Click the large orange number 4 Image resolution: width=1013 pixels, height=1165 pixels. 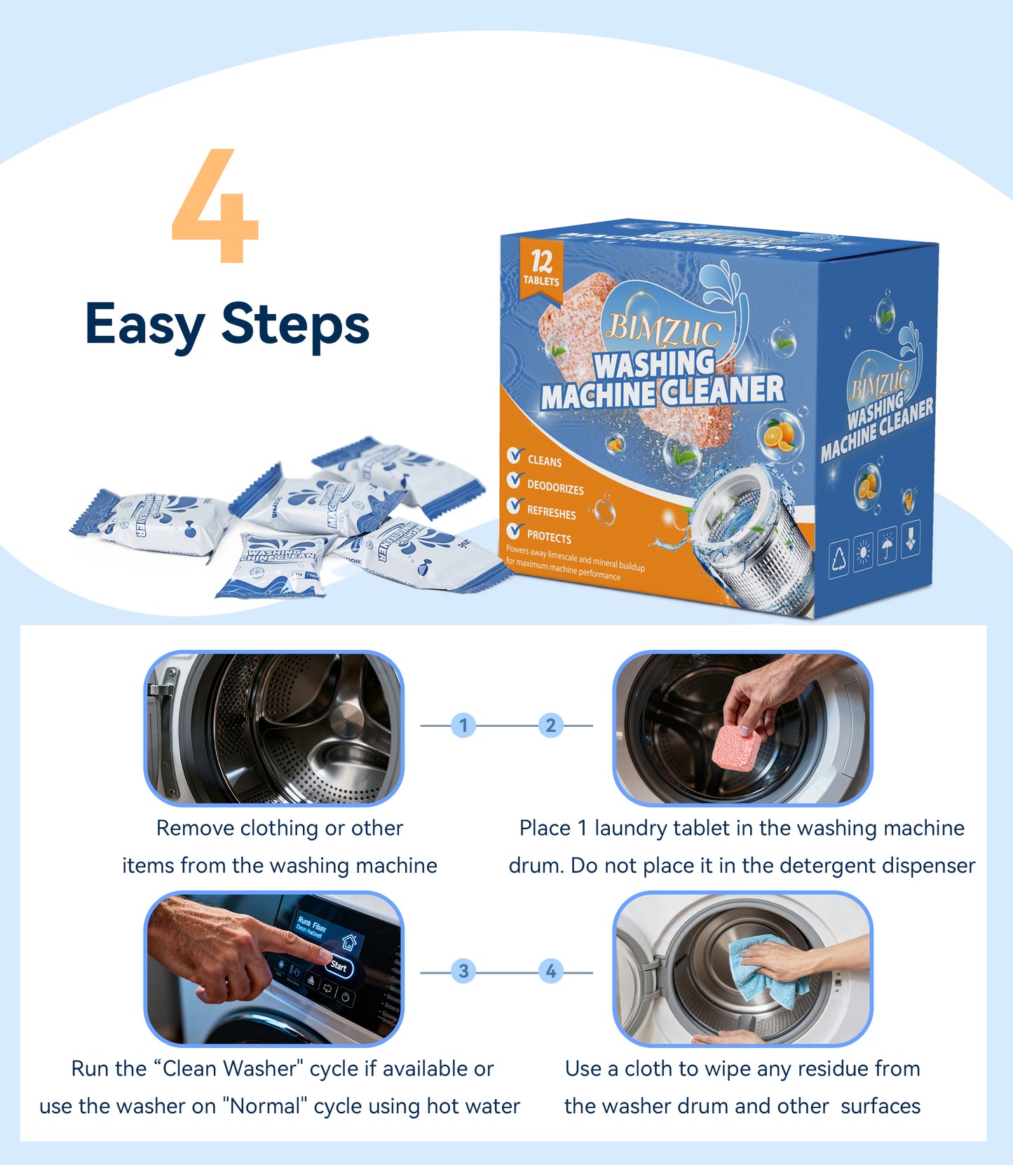pos(215,207)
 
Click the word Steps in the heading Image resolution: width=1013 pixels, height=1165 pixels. pos(295,325)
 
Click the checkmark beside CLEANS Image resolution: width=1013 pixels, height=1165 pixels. pos(515,456)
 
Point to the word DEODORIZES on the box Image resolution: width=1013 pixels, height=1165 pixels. pos(555,487)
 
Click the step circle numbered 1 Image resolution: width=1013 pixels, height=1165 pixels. pos(463,725)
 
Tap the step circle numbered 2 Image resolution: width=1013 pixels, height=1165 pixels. pos(551,725)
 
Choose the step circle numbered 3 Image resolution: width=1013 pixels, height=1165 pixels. pos(463,972)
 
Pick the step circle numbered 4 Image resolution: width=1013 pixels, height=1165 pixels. pos(551,972)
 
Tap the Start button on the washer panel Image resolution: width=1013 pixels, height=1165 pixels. pos(339,967)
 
